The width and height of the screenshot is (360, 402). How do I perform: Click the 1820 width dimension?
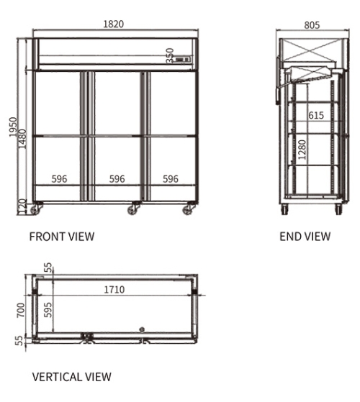[x=114, y=24]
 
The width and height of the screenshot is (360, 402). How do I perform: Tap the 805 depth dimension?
[x=312, y=25]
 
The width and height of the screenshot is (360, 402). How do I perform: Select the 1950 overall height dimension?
[x=13, y=127]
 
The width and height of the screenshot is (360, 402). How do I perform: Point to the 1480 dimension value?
[x=22, y=139]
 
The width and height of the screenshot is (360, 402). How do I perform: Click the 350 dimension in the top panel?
[x=170, y=55]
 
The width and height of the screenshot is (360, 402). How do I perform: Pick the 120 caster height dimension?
[x=22, y=206]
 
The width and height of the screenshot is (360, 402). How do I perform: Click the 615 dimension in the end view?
[x=316, y=115]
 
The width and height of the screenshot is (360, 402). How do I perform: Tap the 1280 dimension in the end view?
[x=302, y=150]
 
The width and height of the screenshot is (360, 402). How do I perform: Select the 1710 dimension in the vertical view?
[x=114, y=290]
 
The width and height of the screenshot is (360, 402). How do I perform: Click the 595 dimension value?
[x=48, y=310]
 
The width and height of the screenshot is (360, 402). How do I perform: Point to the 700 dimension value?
[x=21, y=310]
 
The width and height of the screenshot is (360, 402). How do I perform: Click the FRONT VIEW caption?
[x=62, y=237]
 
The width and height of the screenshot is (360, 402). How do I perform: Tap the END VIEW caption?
[x=305, y=237]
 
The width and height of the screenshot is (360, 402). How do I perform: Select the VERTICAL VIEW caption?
[x=72, y=377]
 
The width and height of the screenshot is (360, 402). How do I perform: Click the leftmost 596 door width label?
[x=59, y=179]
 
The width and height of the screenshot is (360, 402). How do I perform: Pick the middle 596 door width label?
[x=117, y=179]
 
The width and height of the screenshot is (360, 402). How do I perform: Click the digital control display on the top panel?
[x=183, y=60]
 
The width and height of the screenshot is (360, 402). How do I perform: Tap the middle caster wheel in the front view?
[x=133, y=210]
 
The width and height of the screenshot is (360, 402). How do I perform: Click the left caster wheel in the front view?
[x=35, y=210]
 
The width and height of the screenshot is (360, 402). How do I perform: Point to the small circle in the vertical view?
[x=142, y=329]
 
